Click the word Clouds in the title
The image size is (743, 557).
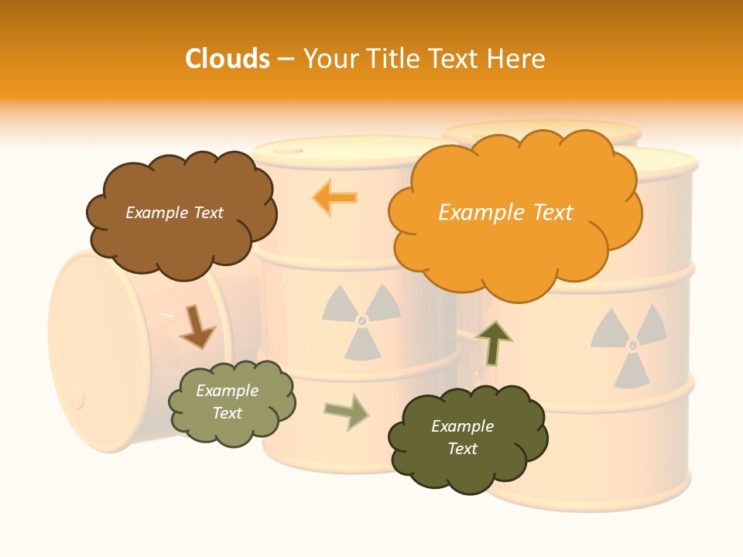pos(228,59)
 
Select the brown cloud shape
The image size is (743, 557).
pos(181,212)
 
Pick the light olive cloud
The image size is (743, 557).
pos(231,402)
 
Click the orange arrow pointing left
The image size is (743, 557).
pos(335,197)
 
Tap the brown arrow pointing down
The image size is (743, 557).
pos(197,327)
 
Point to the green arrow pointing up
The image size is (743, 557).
pos(493,343)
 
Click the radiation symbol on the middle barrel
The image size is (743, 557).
pos(361,320)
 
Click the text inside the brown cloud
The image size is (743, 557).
pos(174,213)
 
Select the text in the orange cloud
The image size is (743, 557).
pos(505,213)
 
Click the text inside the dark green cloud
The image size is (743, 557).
pos(462,437)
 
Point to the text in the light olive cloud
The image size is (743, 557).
pos(227,402)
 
